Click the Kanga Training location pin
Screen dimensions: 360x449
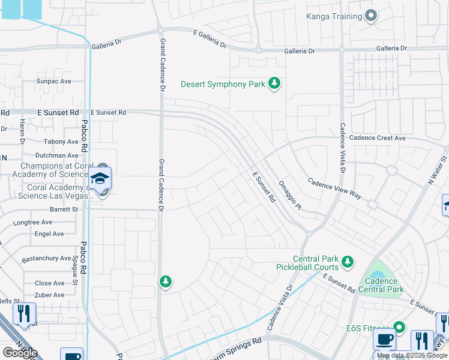tap(371, 16)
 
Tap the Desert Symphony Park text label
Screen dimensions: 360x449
tap(223, 84)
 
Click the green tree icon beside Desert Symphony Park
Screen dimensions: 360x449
tap(274, 83)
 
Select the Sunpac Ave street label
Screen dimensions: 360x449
tap(53, 81)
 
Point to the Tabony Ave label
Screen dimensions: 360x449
tap(61, 142)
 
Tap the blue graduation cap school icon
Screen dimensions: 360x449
tap(100, 178)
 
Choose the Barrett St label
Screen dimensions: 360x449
tap(64, 209)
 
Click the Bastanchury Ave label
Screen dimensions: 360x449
tap(47, 259)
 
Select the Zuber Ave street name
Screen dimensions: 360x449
tap(49, 295)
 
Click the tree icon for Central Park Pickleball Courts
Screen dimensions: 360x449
tap(347, 262)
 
